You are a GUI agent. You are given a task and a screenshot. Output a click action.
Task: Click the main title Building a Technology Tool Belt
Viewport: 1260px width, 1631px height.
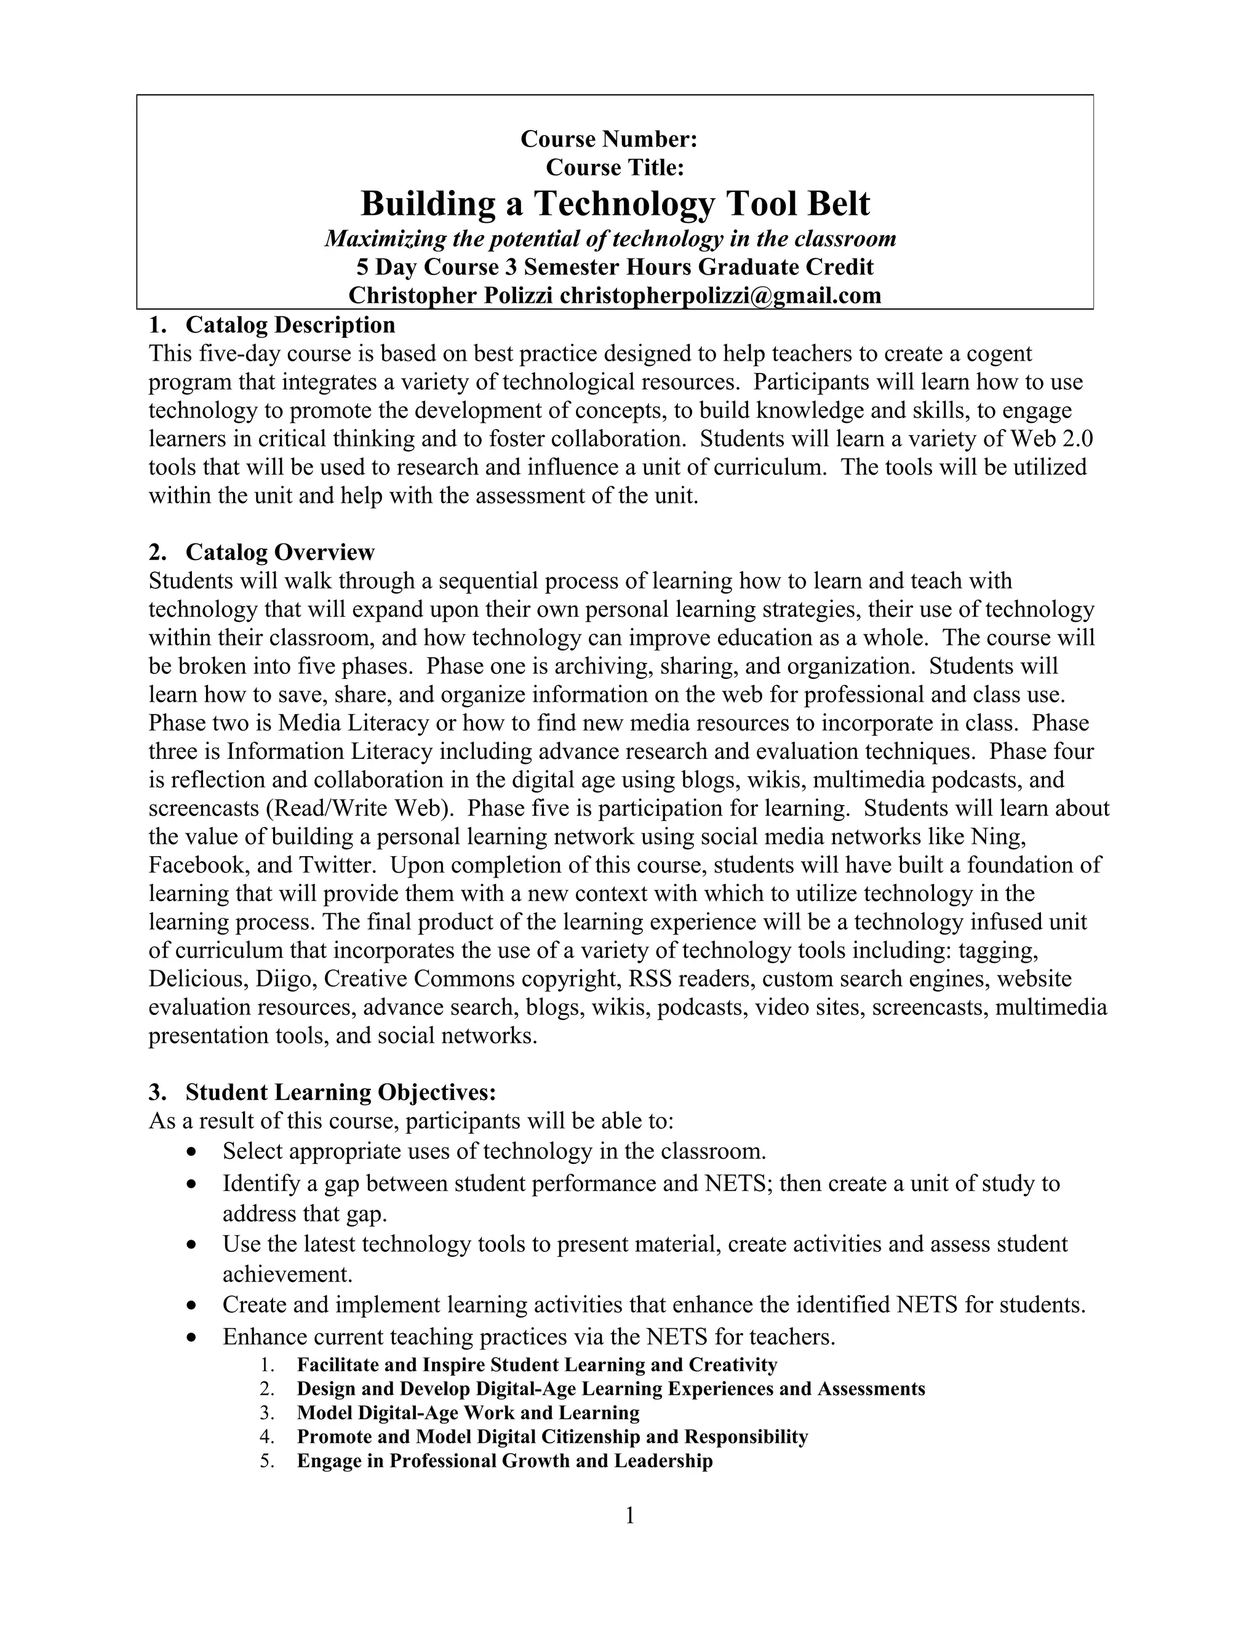(x=615, y=204)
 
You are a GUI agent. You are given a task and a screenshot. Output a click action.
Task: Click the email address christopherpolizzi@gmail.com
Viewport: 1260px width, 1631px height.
(x=720, y=295)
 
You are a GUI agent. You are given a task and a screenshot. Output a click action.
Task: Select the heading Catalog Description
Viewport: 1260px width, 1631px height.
(x=290, y=325)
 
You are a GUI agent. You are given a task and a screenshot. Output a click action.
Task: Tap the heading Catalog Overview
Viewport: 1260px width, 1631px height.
(x=279, y=552)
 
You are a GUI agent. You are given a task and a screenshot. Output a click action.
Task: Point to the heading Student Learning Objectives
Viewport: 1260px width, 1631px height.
(x=340, y=1092)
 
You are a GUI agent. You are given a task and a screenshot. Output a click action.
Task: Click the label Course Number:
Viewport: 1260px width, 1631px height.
(x=608, y=139)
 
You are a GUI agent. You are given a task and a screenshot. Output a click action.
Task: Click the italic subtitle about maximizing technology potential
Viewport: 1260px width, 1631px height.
(x=610, y=239)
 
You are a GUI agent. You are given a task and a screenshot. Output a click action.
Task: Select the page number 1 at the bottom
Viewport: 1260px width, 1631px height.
(x=629, y=1515)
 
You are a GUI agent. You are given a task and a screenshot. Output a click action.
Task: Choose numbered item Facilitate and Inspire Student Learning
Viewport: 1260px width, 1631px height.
(x=536, y=1365)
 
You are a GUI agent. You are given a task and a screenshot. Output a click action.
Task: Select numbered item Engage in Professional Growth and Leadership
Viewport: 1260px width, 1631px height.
(x=504, y=1460)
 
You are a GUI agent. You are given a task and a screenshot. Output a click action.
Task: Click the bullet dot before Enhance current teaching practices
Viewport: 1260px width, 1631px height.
(x=193, y=1337)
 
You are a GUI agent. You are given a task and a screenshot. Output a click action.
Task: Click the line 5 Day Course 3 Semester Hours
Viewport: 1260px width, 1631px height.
(x=615, y=267)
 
